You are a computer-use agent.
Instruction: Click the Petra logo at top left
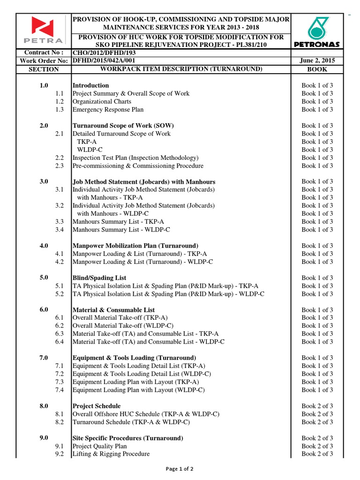(x=43, y=31)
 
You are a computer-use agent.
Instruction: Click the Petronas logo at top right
(x=318, y=31)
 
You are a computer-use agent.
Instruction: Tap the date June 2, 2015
(x=317, y=61)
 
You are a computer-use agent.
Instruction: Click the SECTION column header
(x=44, y=69)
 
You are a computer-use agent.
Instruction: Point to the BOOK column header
(x=317, y=69)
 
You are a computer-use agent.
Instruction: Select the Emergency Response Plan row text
(x=108, y=110)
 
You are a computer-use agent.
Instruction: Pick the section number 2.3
(x=59, y=166)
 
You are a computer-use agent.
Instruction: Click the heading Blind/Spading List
(x=99, y=278)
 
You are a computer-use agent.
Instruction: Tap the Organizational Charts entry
(x=102, y=102)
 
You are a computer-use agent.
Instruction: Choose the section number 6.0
(x=44, y=310)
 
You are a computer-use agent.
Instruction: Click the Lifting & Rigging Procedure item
(x=111, y=454)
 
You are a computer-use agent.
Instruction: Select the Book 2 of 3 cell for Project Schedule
(x=317, y=406)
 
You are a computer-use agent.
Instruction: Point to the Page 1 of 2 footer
(x=180, y=469)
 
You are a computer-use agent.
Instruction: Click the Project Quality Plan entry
(x=99, y=446)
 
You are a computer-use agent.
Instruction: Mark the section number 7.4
(x=59, y=390)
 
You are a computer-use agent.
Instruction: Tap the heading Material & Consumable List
(x=113, y=310)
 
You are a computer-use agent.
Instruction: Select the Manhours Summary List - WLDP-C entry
(x=121, y=230)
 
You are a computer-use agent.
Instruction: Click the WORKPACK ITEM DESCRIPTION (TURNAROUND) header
(x=181, y=69)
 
